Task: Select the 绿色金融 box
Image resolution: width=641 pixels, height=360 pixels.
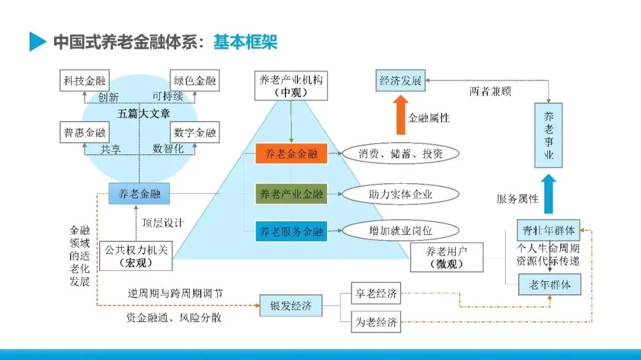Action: pos(195,81)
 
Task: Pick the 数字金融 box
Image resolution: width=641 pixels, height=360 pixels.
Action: pos(195,133)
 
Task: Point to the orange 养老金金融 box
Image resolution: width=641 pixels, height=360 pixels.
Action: pos(291,154)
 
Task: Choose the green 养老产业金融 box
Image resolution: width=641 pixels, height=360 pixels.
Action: pos(291,193)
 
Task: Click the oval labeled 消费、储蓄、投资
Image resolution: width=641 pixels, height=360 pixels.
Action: pos(401,154)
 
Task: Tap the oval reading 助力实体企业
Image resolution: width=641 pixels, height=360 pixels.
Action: pos(401,193)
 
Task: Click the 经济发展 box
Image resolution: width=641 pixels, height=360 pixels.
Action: pos(400,81)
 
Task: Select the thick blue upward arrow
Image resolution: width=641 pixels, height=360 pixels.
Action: pos(549,193)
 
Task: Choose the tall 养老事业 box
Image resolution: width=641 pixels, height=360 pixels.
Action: pos(549,135)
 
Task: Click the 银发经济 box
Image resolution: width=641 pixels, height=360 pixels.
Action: pos(291,306)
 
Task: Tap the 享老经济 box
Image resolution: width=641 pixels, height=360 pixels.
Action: pos(376,293)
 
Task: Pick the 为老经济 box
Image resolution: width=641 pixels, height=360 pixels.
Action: pos(376,322)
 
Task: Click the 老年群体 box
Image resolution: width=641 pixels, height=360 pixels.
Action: pos(550,285)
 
